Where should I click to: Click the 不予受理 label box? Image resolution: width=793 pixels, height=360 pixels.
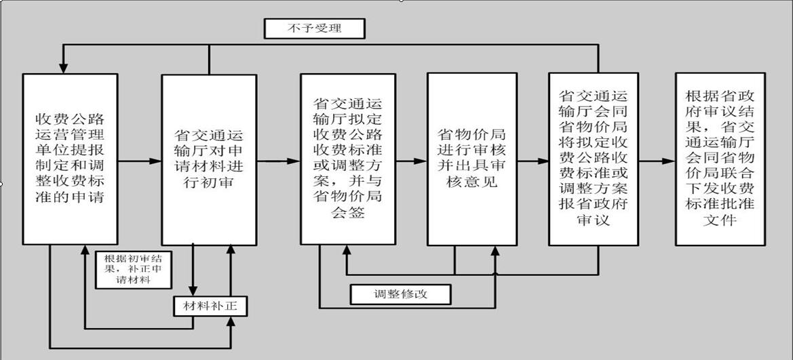pos(314,28)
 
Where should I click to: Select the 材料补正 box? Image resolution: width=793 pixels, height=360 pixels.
pos(211,306)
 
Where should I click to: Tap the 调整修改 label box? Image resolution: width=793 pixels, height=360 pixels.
pos(400,294)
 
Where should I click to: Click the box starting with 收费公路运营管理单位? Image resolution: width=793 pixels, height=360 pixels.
pos(71,159)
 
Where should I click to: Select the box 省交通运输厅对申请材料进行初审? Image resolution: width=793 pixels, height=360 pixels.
pos(209,160)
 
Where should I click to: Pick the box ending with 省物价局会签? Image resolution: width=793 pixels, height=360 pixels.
pos(348,159)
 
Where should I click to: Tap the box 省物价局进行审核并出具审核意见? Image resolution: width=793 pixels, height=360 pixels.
pos(472,159)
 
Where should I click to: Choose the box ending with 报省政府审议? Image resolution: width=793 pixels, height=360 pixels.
pos(594,159)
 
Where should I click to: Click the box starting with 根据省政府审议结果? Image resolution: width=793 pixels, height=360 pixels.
pos(720,159)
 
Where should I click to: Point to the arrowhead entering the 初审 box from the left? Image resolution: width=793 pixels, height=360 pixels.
pos(155,161)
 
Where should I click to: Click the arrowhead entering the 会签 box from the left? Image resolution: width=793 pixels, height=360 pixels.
pos(294,161)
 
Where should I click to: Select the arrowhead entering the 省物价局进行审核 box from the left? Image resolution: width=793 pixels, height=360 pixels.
pos(421,161)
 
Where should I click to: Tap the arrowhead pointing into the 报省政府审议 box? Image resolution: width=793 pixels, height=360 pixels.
pos(543,161)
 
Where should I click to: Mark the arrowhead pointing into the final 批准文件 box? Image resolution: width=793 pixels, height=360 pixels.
pos(669,161)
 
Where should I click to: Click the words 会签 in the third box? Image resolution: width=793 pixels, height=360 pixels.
pos(348,212)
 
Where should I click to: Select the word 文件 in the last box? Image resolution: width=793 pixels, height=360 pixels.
pos(720,220)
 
